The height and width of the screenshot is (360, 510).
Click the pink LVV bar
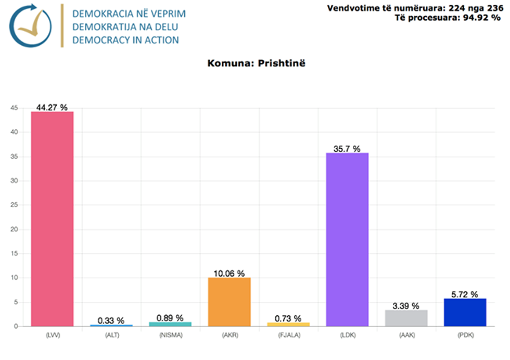tap(52, 218)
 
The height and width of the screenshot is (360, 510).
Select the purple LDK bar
tap(347, 239)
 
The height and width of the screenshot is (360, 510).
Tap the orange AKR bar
tap(229, 302)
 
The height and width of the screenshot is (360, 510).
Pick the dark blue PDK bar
tap(465, 312)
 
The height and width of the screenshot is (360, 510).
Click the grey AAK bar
tap(406, 318)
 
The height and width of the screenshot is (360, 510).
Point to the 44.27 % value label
tap(52, 107)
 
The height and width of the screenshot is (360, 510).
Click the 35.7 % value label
tap(343, 149)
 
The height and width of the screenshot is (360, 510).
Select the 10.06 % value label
tap(229, 274)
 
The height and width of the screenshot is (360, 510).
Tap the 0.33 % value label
tap(111, 320)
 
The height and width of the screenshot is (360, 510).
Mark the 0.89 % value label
tap(170, 318)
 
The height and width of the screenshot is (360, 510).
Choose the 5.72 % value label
tap(465, 294)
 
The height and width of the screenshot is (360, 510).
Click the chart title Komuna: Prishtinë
tap(255, 64)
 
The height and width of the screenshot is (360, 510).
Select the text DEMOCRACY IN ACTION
tap(125, 40)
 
